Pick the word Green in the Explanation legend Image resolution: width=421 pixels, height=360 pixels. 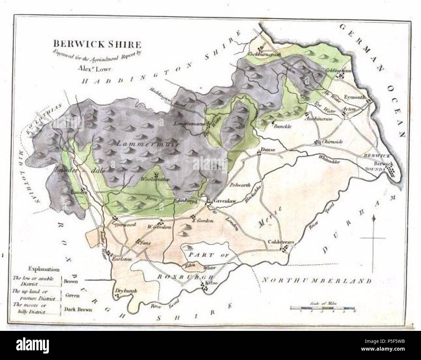pyautogui.click(x=73, y=295)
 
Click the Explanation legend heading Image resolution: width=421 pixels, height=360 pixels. pyautogui.click(x=44, y=269)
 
